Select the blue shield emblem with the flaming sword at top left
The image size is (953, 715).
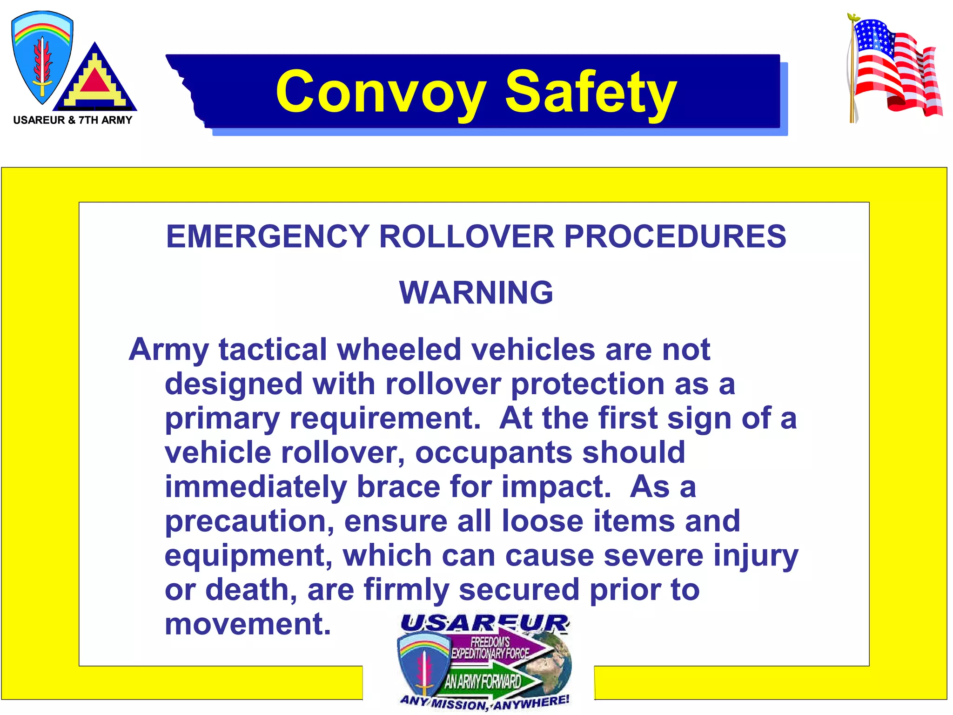[41, 56]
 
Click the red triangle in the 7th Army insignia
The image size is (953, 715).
[95, 81]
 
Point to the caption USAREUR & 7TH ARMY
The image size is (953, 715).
[73, 120]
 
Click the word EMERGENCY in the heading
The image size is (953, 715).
[268, 236]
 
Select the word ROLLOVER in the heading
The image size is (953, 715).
[466, 236]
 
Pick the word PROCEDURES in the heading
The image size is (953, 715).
[675, 236]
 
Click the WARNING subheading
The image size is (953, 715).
[476, 293]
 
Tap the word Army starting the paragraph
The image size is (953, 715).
[168, 350]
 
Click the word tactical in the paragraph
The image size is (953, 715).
[273, 349]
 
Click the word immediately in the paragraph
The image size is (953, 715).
[255, 487]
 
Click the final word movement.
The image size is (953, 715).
[248, 624]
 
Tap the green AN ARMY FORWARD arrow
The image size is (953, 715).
[489, 681]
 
